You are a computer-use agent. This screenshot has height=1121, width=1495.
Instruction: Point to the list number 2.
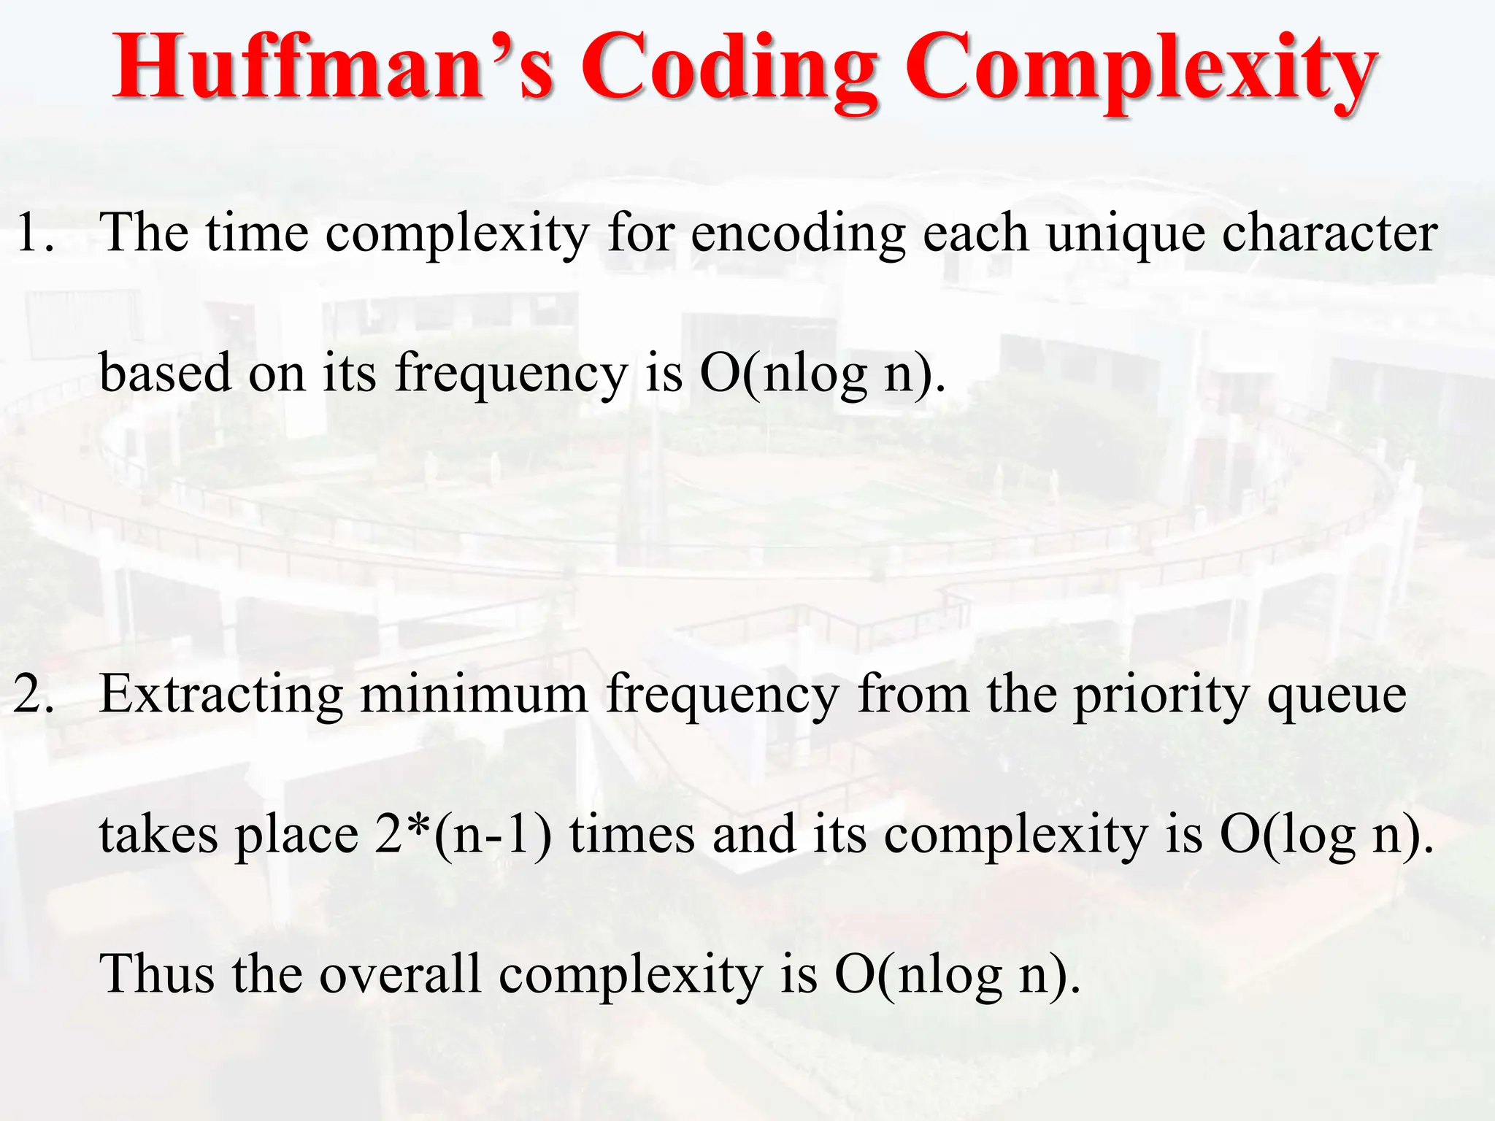34,695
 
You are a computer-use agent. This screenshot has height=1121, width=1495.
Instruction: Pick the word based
165,372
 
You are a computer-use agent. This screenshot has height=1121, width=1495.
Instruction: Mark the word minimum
474,695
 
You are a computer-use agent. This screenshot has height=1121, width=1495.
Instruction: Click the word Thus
157,974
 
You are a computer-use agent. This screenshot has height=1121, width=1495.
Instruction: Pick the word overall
400,974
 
